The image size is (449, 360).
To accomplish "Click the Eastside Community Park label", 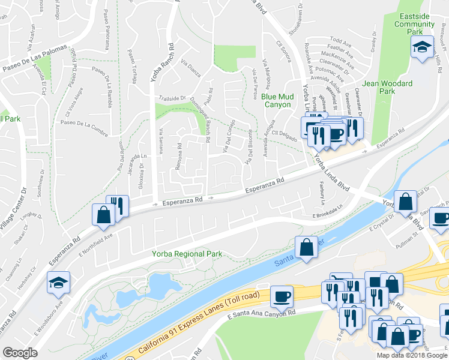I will pyautogui.click(x=414, y=20).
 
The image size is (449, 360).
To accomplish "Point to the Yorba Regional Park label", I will pyautogui.click(x=187, y=254).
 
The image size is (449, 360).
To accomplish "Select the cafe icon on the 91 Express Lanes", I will pyautogui.click(x=282, y=296).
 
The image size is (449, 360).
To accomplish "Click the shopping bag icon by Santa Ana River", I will pyautogui.click(x=307, y=247).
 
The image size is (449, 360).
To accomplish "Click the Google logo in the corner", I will pyautogui.click(x=20, y=352).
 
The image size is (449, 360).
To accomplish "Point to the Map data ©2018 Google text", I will pyautogui.click(x=411, y=355).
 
